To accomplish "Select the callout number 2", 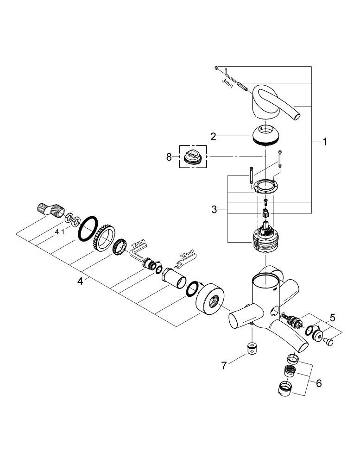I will [214, 137].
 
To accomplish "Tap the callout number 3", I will [214, 209].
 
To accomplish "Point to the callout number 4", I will [80, 281].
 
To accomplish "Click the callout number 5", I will [332, 318].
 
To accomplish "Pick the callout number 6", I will [319, 383].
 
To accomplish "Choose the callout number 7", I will [224, 365].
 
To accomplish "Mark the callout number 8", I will [169, 157].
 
